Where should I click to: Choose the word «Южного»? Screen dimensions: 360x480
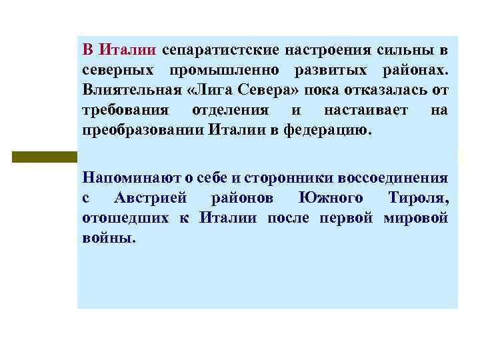click(330, 199)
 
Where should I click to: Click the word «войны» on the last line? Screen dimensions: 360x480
click(109, 238)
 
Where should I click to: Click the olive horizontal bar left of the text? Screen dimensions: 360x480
click(44, 157)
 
